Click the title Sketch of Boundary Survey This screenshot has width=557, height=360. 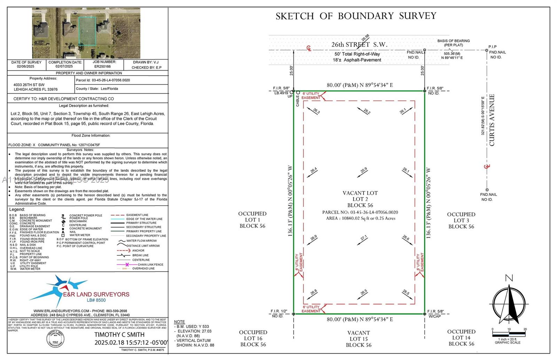[x=356, y=16]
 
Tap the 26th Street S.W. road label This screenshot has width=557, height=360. [x=359, y=45]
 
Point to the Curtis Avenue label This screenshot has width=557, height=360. [x=492, y=120]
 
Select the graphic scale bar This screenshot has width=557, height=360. [x=509, y=334]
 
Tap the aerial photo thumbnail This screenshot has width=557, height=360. [x=86, y=33]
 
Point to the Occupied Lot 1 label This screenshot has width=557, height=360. [x=252, y=220]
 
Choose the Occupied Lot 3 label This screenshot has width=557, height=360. [x=461, y=221]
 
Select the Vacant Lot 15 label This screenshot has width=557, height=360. [x=359, y=339]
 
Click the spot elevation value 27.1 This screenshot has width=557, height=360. [x=364, y=238]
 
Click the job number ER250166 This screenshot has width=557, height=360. [x=102, y=66]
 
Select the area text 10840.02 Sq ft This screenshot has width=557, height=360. [x=360, y=218]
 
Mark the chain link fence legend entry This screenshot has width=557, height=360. [x=141, y=265]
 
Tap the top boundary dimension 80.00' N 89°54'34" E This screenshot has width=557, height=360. [x=360, y=85]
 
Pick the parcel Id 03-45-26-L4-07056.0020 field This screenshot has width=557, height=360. [x=103, y=80]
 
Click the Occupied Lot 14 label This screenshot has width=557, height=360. [x=461, y=338]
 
